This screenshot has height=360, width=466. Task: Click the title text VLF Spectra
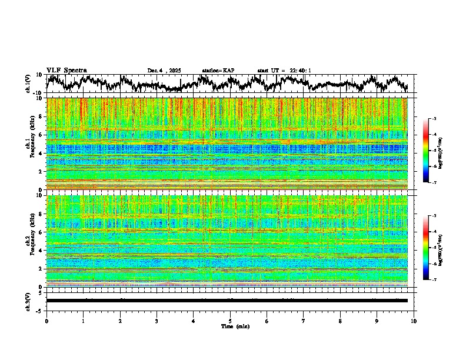[x=66, y=70]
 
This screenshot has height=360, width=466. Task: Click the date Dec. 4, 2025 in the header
[x=164, y=71]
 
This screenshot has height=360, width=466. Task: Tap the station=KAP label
[x=218, y=71]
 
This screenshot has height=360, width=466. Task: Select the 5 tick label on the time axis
[x=230, y=321]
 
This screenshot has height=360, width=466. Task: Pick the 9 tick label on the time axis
[x=377, y=321]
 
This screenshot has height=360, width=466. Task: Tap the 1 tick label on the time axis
[x=83, y=321]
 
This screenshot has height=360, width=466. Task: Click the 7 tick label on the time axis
[x=304, y=321]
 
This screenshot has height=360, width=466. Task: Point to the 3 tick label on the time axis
[x=157, y=321]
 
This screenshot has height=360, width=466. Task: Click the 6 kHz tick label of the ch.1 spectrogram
[x=40, y=135]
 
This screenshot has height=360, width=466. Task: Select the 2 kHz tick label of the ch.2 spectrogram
[x=40, y=268]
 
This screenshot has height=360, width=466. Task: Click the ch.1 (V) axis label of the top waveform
[x=28, y=84]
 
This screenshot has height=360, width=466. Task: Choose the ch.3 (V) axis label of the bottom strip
[x=28, y=301]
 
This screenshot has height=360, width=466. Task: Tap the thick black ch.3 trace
[x=227, y=301]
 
